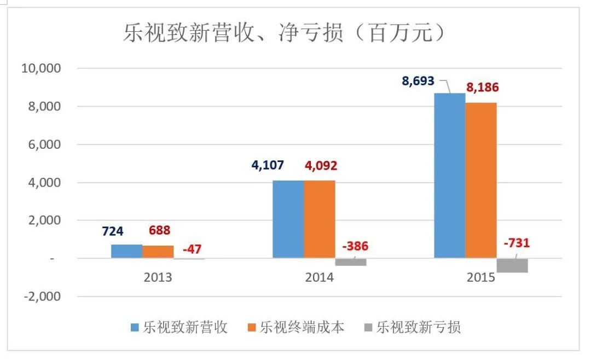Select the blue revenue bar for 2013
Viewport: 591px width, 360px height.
pyautogui.click(x=126, y=252)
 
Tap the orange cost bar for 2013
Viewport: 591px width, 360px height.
pyautogui.click(x=158, y=252)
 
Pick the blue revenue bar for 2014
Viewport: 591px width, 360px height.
pyautogui.click(x=288, y=219)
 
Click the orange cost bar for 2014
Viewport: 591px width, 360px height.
pyautogui.click(x=320, y=219)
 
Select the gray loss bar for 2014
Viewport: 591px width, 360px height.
pyautogui.click(x=351, y=263)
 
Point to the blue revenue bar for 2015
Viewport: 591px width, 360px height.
pyautogui.click(x=450, y=176)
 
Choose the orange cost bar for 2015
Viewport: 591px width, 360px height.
pyautogui.click(x=481, y=181)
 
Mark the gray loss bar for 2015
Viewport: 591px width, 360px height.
pyautogui.click(x=512, y=266)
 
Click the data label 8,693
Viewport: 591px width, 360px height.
pyautogui.click(x=418, y=81)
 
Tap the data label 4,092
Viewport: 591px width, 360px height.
pyautogui.click(x=321, y=165)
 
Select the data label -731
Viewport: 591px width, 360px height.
pyautogui.click(x=517, y=243)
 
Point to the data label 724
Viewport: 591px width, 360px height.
pyautogui.click(x=113, y=231)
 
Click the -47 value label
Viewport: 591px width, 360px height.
pyautogui.click(x=192, y=249)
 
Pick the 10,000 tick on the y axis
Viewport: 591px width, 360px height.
pyautogui.click(x=41, y=68)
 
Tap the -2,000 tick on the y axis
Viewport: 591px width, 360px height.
pyautogui.click(x=42, y=297)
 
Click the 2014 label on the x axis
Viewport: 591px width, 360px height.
pyautogui.click(x=319, y=277)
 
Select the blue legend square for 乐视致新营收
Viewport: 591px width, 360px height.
pyautogui.click(x=135, y=327)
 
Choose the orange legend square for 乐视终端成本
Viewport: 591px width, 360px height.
pyautogui.click(x=252, y=327)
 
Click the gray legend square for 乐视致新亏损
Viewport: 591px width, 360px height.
pyautogui.click(x=368, y=327)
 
